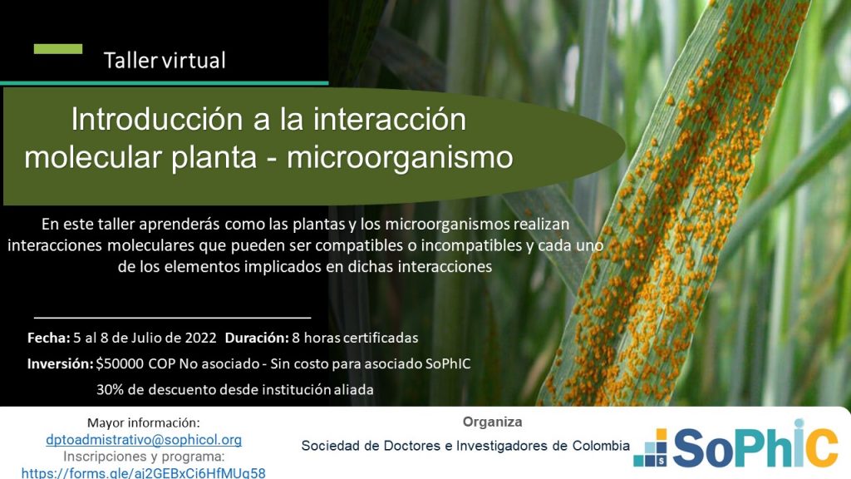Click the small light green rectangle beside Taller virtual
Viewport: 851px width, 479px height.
(x=58, y=49)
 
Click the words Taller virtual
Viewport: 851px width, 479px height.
(x=165, y=60)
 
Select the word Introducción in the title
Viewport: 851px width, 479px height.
(x=157, y=119)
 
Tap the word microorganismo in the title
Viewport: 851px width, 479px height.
(x=400, y=158)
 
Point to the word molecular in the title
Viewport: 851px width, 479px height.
(x=93, y=157)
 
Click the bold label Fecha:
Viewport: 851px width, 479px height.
(x=49, y=338)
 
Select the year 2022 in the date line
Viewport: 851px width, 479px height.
(x=201, y=338)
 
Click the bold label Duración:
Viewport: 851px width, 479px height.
(x=257, y=338)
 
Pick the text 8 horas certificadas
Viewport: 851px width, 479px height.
(x=355, y=338)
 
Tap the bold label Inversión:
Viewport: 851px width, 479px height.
(x=60, y=363)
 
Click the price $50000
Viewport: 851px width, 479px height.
(x=120, y=363)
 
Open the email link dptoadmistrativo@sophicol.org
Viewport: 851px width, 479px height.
(x=144, y=439)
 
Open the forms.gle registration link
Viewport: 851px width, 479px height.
(x=144, y=472)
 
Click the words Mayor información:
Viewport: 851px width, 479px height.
(x=144, y=422)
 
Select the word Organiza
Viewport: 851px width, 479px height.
(x=492, y=422)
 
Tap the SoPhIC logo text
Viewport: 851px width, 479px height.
(x=755, y=446)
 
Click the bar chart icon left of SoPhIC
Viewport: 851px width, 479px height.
(x=650, y=448)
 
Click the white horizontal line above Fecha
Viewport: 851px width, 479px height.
(x=173, y=317)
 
